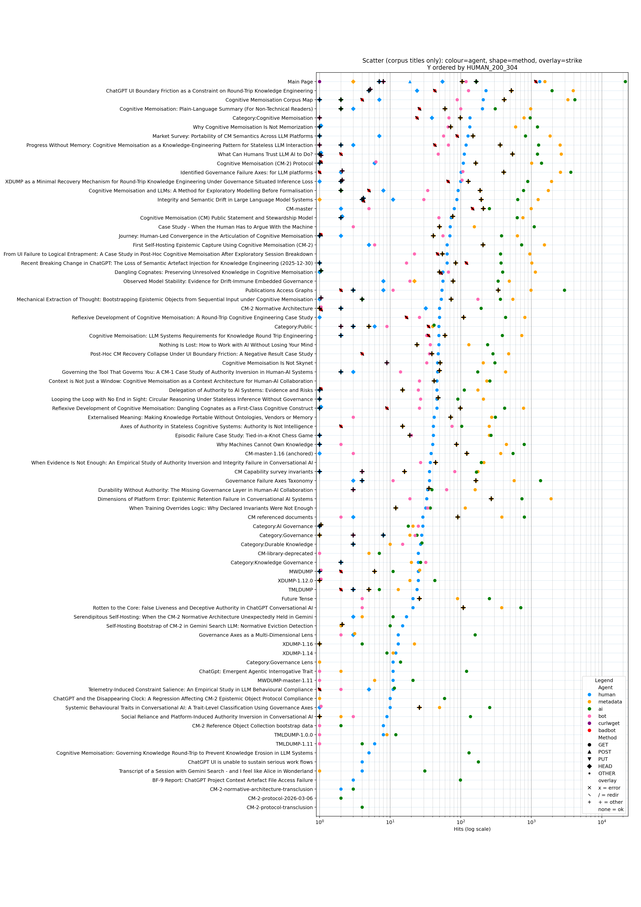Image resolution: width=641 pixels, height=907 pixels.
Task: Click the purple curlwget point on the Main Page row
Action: click(x=319, y=82)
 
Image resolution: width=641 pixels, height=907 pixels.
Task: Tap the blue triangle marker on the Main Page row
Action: click(x=410, y=82)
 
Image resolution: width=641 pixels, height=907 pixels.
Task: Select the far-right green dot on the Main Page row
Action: click(x=625, y=82)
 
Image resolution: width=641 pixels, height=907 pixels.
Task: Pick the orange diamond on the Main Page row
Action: click(x=353, y=82)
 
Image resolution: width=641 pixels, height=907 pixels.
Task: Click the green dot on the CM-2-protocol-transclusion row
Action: click(x=362, y=807)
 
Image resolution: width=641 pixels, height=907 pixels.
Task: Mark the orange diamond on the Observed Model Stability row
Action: click(x=414, y=281)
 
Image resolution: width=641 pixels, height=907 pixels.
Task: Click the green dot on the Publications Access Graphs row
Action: click(x=564, y=290)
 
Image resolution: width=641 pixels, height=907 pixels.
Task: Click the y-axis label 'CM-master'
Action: click(x=299, y=209)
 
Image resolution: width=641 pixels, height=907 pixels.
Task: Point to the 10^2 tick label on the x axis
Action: click(x=460, y=823)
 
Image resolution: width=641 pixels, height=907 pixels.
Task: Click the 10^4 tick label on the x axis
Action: click(x=602, y=823)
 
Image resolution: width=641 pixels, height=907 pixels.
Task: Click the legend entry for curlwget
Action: click(x=609, y=723)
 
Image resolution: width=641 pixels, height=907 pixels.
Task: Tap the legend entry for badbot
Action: click(x=607, y=730)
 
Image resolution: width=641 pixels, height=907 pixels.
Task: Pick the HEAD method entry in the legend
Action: click(x=605, y=766)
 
